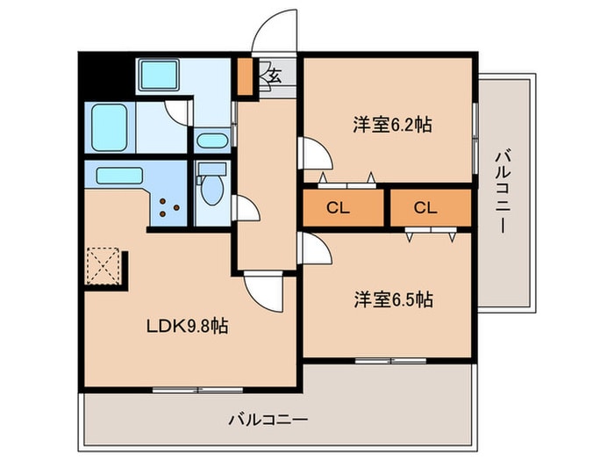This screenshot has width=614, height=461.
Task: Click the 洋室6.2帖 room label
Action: (x=391, y=125)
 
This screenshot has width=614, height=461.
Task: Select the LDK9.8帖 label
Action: (x=186, y=327)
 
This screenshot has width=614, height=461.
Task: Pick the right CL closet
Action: (x=425, y=208)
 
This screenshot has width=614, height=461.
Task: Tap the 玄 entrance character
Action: (x=274, y=76)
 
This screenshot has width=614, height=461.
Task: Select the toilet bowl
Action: (x=211, y=187)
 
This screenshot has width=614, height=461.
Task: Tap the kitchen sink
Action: (x=120, y=175)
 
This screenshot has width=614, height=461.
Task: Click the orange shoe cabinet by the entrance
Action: (x=245, y=76)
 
